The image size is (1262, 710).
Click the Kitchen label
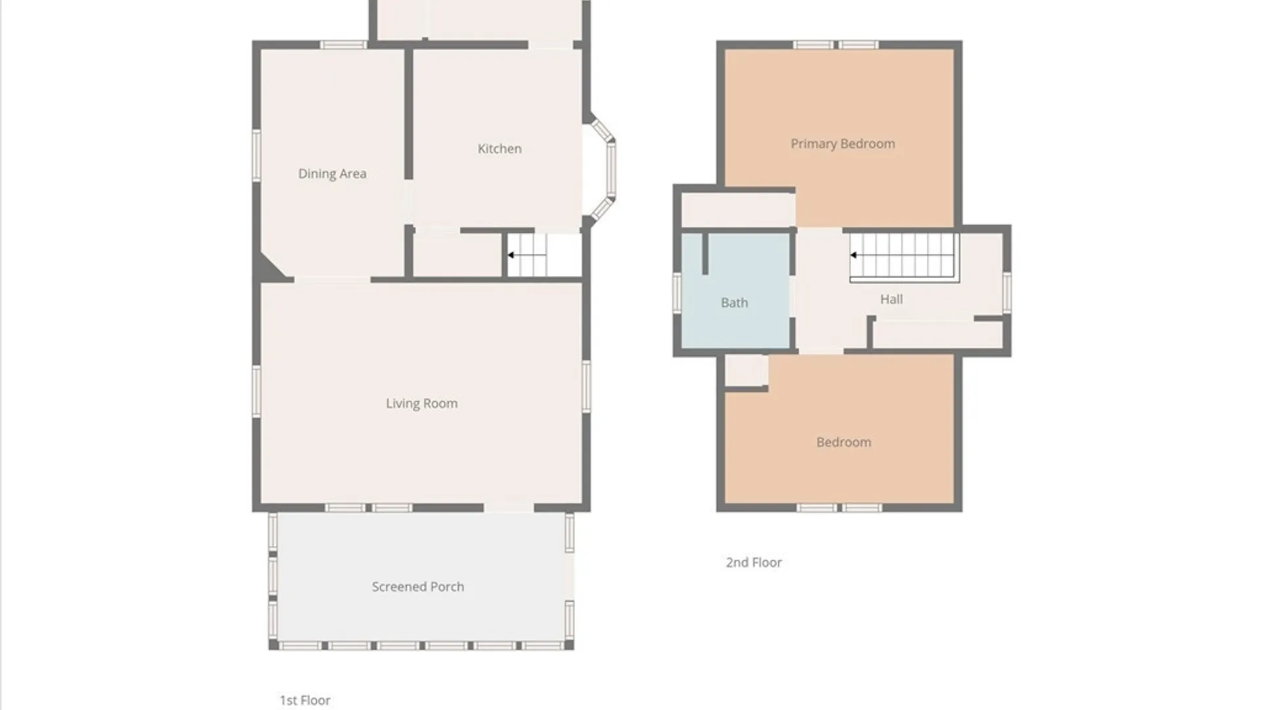tap(500, 149)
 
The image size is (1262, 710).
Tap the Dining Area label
tap(332, 174)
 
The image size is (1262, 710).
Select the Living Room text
tap(421, 404)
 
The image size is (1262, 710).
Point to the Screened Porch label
tap(418, 586)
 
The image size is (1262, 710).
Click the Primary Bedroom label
tap(843, 144)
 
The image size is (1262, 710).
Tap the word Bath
tap(734, 302)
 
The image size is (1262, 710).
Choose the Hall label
tap(891, 299)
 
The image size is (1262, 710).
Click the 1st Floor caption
tap(305, 700)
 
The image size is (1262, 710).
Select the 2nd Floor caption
tap(754, 562)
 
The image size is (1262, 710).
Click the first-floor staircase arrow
tap(526, 255)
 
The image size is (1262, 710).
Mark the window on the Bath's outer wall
tap(677, 293)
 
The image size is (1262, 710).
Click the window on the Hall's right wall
tap(1006, 293)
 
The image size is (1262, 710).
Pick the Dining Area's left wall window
tap(256, 155)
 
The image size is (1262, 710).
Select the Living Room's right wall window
tap(586, 386)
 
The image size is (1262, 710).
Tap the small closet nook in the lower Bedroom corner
tap(746, 370)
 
